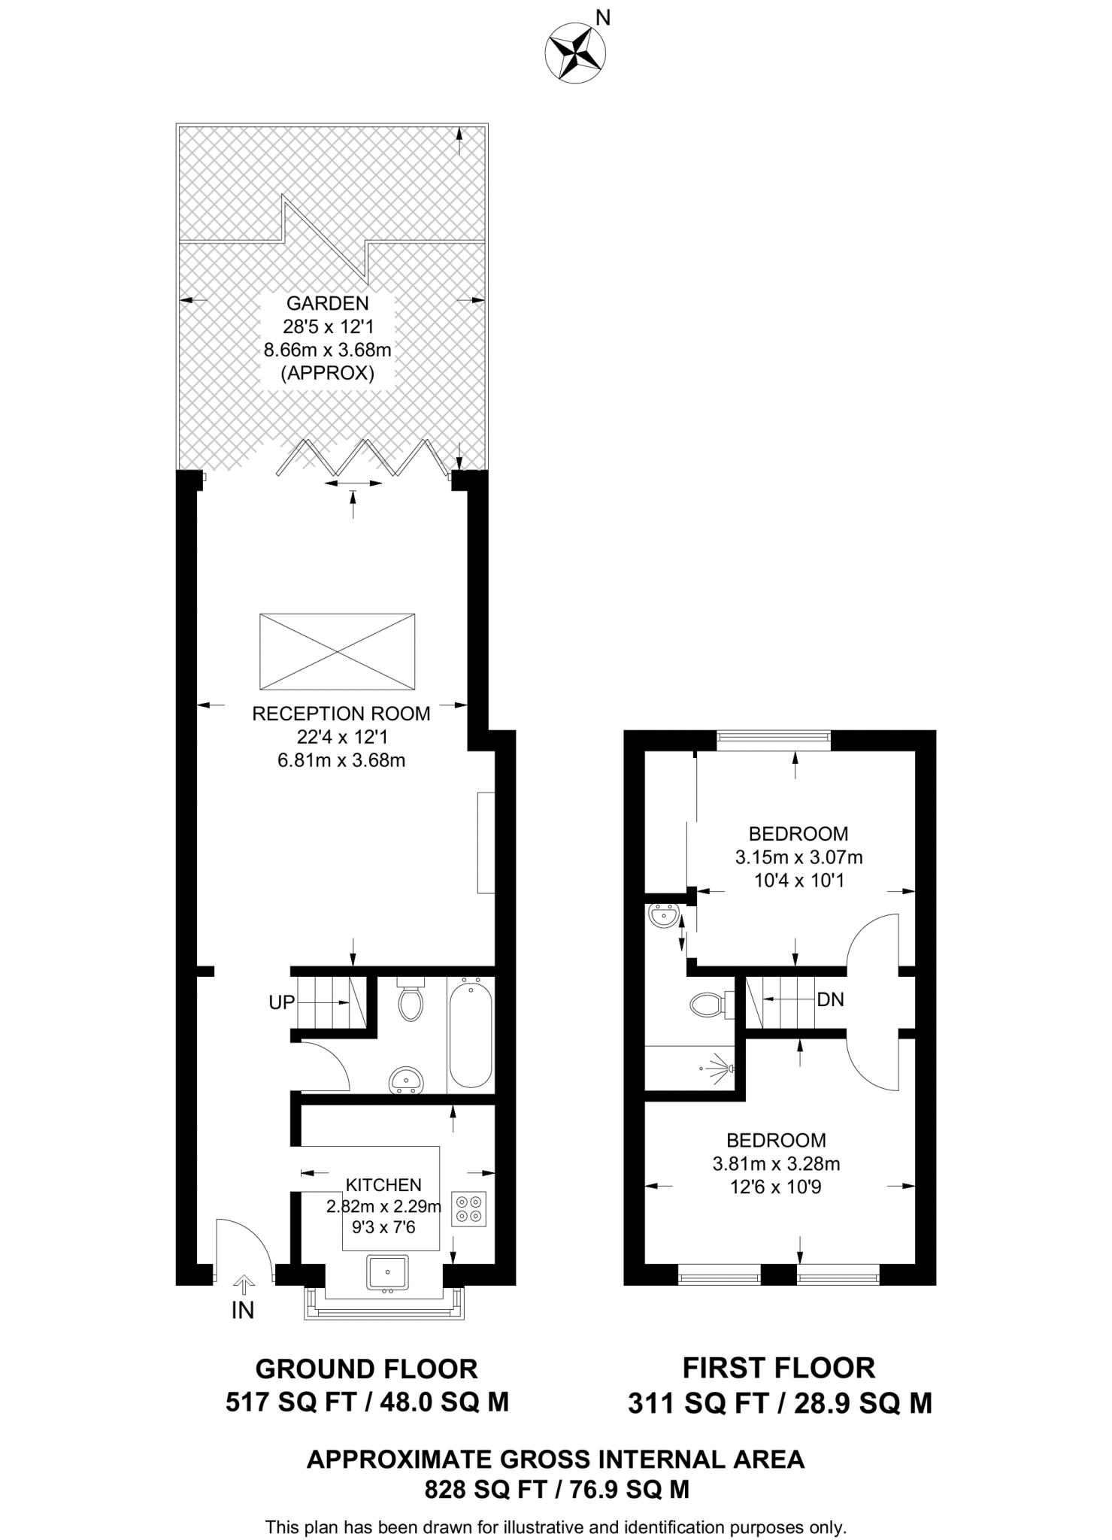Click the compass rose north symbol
[575, 50]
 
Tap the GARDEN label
[328, 304]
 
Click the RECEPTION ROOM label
[341, 714]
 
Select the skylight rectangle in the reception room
[338, 651]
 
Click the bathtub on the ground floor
[471, 1035]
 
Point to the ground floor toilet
[411, 999]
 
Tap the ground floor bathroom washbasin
[407, 1081]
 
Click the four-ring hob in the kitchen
[470, 1209]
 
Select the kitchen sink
[388, 1272]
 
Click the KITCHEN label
[383, 1185]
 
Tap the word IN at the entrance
[243, 1311]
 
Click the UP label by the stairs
[282, 1002]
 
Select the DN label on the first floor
[831, 999]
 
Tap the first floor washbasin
[662, 917]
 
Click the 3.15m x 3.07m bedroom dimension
[798, 856]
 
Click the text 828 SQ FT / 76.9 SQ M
[557, 1490]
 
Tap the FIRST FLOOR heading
[779, 1368]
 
